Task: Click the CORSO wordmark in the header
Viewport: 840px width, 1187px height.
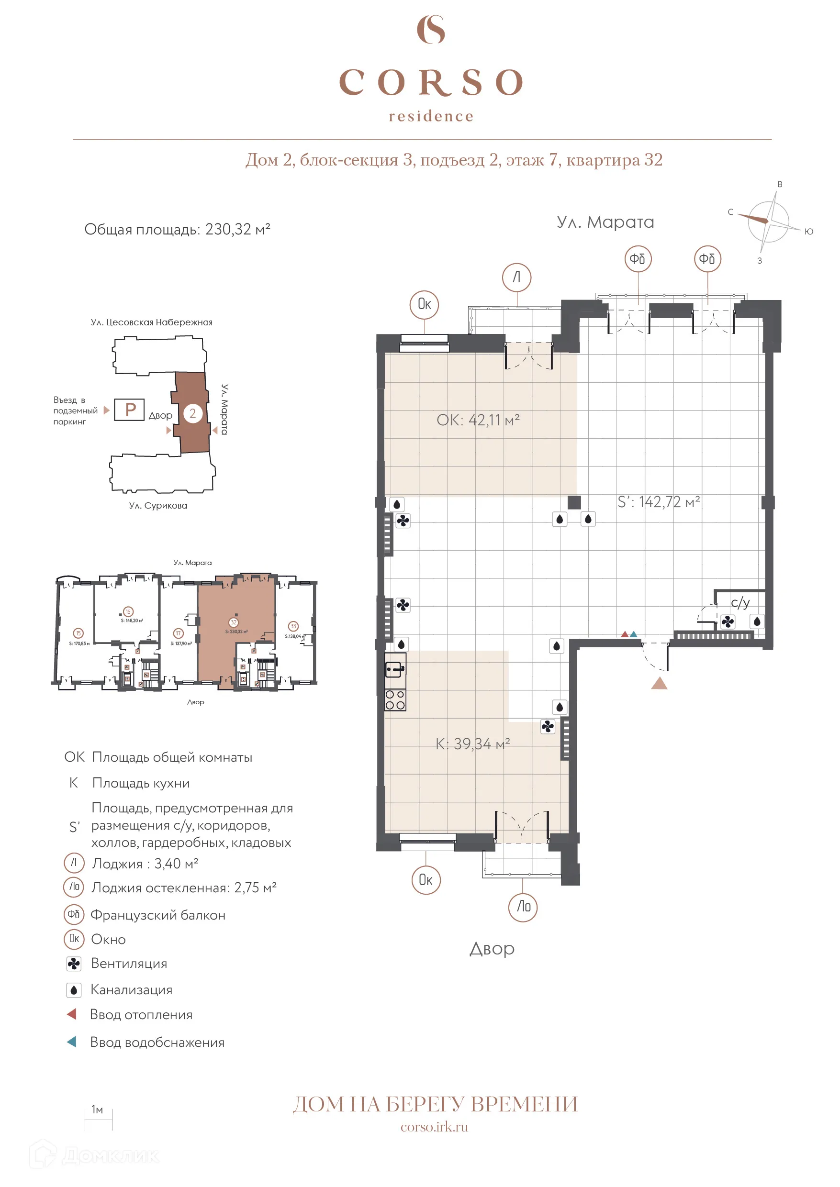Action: point(431,82)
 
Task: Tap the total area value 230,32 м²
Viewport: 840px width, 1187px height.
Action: point(237,229)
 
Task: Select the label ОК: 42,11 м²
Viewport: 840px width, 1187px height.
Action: point(477,420)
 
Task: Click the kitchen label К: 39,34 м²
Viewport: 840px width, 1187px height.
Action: point(472,744)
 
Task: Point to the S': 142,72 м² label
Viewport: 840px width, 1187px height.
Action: point(659,502)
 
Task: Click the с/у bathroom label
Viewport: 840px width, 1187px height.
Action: point(739,602)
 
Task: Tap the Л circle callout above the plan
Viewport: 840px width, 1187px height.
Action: point(516,277)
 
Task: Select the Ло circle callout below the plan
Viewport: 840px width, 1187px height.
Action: point(523,906)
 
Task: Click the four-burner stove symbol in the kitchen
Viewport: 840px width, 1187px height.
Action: point(395,700)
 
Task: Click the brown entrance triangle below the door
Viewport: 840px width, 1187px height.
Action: point(659,684)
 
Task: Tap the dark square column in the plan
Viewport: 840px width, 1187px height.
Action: point(573,502)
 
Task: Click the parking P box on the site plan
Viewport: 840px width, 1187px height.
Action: point(129,410)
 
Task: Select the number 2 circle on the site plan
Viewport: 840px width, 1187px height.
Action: point(192,413)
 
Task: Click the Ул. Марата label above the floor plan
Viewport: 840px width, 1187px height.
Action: point(605,222)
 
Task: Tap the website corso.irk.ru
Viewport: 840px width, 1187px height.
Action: point(434,1127)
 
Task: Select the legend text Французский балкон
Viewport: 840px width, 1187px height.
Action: point(158,915)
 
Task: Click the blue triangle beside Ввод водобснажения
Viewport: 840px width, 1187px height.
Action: point(72,1042)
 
